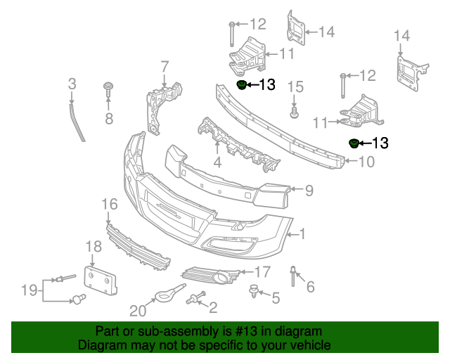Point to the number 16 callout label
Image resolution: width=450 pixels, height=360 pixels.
[109, 205]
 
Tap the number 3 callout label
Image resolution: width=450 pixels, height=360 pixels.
[72, 84]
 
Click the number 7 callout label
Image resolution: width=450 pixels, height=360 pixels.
[165, 67]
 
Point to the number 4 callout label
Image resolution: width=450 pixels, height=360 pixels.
[217, 162]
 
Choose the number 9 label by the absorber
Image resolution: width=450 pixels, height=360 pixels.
[309, 189]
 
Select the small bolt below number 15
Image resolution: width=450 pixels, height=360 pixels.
[295, 110]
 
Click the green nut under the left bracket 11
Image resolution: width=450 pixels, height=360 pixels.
[241, 85]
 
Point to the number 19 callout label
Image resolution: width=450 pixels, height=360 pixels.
[28, 289]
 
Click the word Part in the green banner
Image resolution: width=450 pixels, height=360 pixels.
[108, 331]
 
